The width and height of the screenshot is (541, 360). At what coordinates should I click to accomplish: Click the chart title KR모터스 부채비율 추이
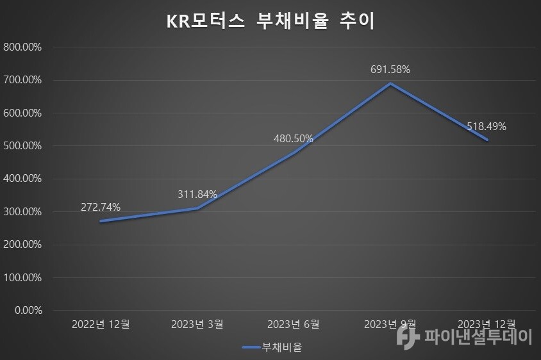point(270,21)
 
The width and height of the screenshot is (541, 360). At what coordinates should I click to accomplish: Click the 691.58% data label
point(390,69)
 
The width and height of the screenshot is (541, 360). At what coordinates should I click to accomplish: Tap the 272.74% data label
point(101,207)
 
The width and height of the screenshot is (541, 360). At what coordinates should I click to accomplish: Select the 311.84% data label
point(197,194)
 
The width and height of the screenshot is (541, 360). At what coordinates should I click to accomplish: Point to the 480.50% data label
point(294,138)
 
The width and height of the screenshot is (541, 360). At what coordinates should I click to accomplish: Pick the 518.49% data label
point(487,126)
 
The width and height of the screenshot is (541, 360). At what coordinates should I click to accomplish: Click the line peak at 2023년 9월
point(390,83)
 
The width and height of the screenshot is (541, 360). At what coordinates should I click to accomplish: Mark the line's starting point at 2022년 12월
point(101,221)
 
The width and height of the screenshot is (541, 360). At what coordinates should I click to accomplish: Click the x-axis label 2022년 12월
point(101,324)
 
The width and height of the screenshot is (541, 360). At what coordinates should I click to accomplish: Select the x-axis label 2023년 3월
point(197,324)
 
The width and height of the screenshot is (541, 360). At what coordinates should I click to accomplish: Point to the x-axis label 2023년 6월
point(294,324)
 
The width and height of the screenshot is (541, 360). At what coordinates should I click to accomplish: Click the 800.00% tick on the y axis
point(23,47)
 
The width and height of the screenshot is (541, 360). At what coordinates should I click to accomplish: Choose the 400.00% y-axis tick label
point(23,179)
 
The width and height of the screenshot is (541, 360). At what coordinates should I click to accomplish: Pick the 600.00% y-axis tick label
point(23,113)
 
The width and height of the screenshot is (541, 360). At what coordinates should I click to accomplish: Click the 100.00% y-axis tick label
point(23,278)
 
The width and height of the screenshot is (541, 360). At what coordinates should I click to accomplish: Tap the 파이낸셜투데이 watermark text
point(478,336)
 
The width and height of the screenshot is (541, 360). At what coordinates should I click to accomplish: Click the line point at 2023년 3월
point(197,208)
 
